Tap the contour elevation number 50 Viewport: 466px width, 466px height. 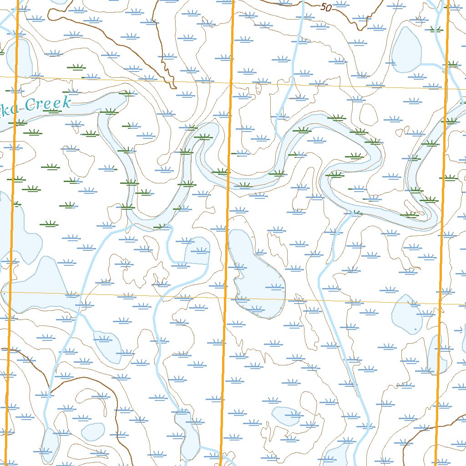pyautogui.click(x=325, y=7)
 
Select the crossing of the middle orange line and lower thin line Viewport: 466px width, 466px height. pyautogui.click(x=226, y=298)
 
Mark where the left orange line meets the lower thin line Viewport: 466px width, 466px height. pyautogui.click(x=11, y=292)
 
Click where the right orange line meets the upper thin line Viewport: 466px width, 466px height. pyautogui.click(x=446, y=88)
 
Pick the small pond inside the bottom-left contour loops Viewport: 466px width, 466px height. pyautogui.click(x=93, y=431)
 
